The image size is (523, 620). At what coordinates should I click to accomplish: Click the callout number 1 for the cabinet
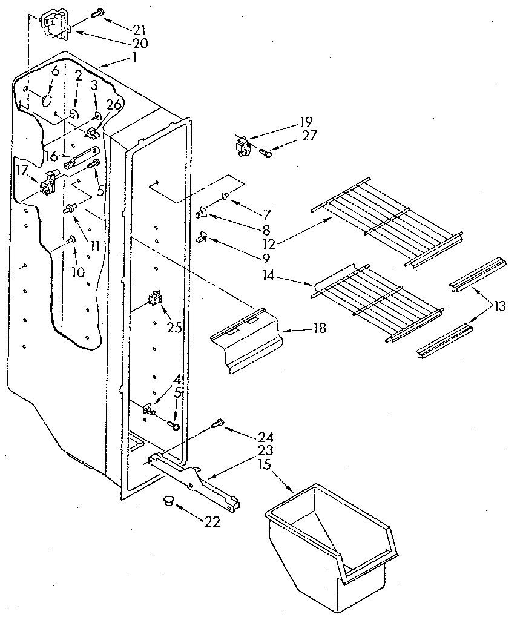[134, 58]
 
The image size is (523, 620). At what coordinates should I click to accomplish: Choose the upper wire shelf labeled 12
[387, 221]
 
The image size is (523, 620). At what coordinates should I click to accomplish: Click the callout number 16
[51, 156]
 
